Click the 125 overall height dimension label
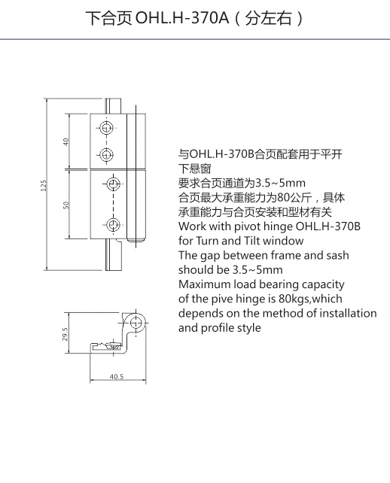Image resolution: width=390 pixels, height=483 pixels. click(x=44, y=185)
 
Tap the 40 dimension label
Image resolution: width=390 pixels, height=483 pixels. click(x=66, y=142)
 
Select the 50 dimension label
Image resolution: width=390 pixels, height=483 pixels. click(x=66, y=205)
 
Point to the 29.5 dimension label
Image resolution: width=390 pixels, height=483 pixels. click(x=65, y=334)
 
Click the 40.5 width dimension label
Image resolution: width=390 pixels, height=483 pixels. click(x=117, y=376)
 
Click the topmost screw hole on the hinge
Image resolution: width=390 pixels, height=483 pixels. click(x=106, y=128)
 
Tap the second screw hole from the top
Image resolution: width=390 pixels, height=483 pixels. click(x=106, y=154)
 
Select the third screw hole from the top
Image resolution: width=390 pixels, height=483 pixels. click(x=113, y=184)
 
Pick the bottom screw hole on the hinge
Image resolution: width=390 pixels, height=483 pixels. click(x=113, y=224)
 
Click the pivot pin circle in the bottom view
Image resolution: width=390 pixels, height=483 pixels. click(x=136, y=323)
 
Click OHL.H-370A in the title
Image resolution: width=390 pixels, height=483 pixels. click(x=182, y=18)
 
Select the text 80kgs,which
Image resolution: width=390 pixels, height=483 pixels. click(x=310, y=299)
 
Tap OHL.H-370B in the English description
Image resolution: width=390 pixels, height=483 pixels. click(x=328, y=226)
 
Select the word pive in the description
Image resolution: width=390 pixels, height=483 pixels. click(x=222, y=299)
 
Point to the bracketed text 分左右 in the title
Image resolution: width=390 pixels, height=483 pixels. click(x=269, y=18)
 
